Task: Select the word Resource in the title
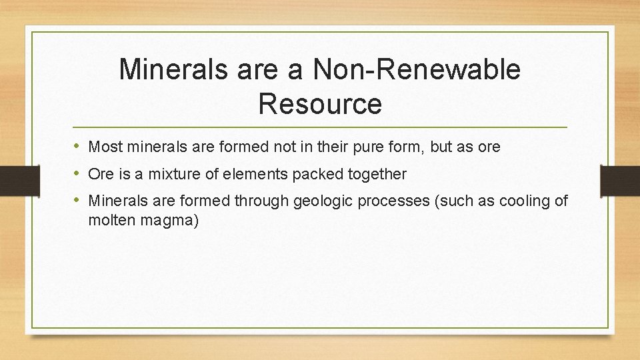[320, 103]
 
